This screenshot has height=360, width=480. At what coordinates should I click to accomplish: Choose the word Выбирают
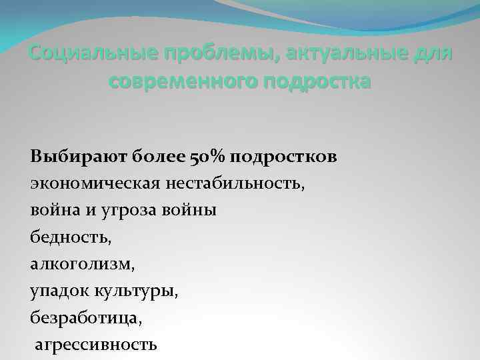69,157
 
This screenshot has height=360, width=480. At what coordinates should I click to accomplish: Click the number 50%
204,157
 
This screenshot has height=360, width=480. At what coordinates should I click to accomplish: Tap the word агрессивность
95,344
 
